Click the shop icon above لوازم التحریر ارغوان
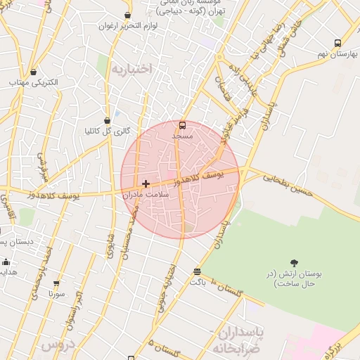127,15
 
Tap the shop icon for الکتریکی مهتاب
34,72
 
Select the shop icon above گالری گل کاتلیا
107,120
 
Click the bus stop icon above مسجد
183,125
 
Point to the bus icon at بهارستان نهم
337,43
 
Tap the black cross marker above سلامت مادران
146,184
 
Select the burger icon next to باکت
197,271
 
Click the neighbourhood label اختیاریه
131,69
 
